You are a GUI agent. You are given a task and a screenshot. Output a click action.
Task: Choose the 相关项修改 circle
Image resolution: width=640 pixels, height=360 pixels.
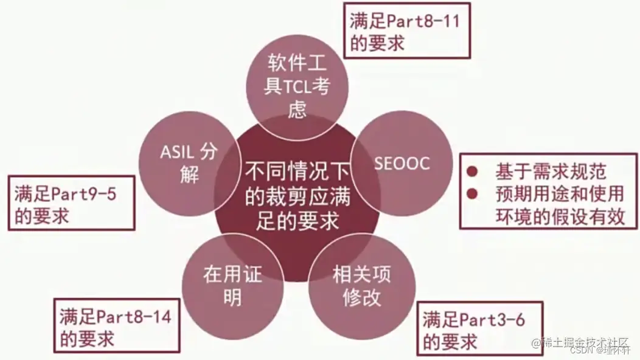[x=357, y=286]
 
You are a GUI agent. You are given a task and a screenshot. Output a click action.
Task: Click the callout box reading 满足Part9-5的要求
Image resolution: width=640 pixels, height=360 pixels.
[x=71, y=203]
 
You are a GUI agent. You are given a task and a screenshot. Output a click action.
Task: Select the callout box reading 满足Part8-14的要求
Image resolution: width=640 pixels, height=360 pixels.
[x=116, y=325]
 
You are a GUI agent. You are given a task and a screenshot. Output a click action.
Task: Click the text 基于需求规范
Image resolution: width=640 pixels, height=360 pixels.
[x=551, y=172]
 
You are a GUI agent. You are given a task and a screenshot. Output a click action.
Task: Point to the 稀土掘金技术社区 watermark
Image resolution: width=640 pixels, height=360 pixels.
[x=583, y=342]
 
